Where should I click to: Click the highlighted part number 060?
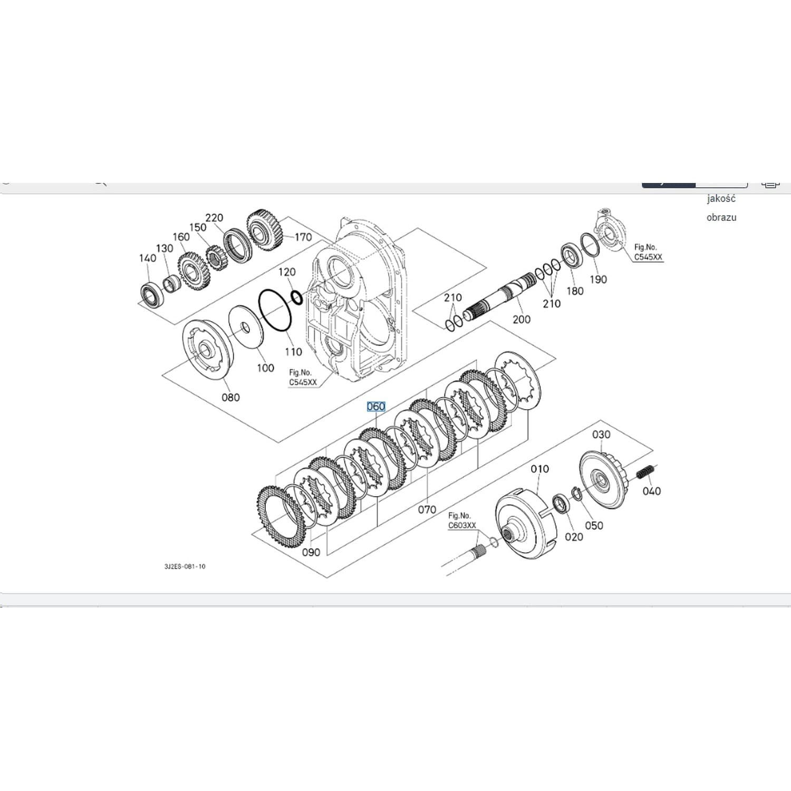pyautogui.click(x=376, y=407)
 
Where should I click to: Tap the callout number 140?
pyautogui.click(x=148, y=258)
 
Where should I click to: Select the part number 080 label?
pyautogui.click(x=230, y=398)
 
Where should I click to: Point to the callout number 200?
pyautogui.click(x=522, y=320)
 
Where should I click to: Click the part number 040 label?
pyautogui.click(x=651, y=491)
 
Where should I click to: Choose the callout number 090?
pyautogui.click(x=311, y=552)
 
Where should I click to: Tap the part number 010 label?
pyautogui.click(x=539, y=469)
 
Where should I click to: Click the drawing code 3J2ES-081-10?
pyautogui.click(x=185, y=566)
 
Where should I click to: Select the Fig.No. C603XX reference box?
pyautogui.click(x=462, y=521)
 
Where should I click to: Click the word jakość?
pyautogui.click(x=721, y=199)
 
